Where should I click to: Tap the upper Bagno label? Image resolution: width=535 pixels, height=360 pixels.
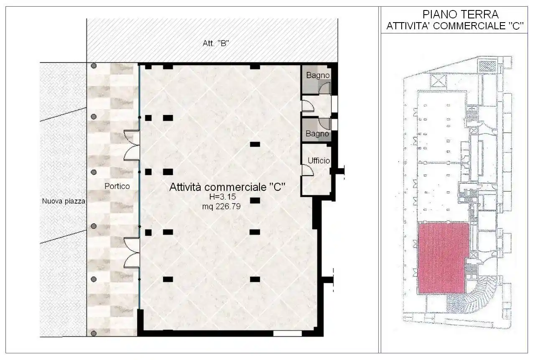[318, 76]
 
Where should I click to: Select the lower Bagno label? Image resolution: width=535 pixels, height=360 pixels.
[318, 134]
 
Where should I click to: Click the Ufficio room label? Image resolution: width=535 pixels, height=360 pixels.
[319, 161]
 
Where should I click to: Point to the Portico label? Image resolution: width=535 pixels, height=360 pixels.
[117, 186]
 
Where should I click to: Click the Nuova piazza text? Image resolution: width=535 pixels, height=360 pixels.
[64, 201]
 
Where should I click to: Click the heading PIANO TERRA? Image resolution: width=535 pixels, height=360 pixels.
[455, 15]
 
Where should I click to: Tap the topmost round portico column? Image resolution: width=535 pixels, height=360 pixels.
[94, 66]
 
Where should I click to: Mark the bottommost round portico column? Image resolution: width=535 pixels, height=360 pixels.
[94, 333]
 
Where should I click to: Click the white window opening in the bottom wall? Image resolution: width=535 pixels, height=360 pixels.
[287, 333]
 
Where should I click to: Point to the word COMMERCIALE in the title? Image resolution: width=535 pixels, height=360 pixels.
[466, 26]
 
